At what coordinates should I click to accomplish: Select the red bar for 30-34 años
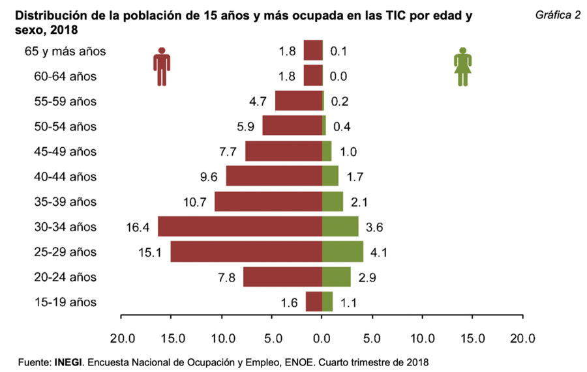[240, 227]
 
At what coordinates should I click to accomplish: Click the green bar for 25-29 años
[342, 251]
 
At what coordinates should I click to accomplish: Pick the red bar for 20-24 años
[282, 277]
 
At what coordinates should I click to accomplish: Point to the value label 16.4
[138, 227]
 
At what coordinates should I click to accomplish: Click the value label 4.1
[379, 252]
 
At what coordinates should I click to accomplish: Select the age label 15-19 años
[65, 302]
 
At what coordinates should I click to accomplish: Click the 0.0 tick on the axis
[322, 338]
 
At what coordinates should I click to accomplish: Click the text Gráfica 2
[558, 15]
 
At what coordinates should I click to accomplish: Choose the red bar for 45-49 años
[284, 151]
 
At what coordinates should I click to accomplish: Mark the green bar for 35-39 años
[333, 201]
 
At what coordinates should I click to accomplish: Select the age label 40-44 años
[65, 177]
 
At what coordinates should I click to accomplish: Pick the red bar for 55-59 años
[299, 101]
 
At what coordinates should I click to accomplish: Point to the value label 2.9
[367, 278]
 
